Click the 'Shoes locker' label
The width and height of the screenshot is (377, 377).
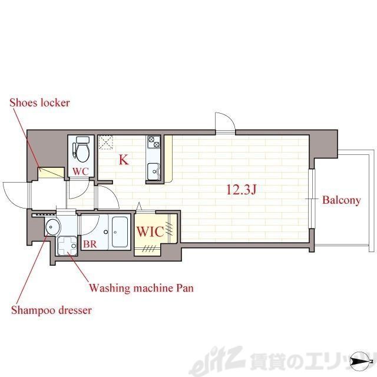pyautogui.click(x=39, y=103)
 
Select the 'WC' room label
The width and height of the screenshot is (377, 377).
pyautogui.click(x=81, y=171)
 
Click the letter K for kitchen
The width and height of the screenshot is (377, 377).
pyautogui.click(x=124, y=160)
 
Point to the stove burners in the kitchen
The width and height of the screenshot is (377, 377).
pyautogui.click(x=154, y=142)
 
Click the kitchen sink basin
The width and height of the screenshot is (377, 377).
pyautogui.click(x=153, y=171)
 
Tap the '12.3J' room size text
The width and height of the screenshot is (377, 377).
pyautogui.click(x=242, y=190)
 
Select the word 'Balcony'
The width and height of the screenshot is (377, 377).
pyautogui.click(x=342, y=200)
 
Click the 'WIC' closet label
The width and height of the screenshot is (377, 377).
pyautogui.click(x=151, y=232)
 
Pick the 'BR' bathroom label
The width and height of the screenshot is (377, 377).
pyautogui.click(x=90, y=244)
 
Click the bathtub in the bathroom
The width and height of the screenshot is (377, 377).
pyautogui.click(x=120, y=232)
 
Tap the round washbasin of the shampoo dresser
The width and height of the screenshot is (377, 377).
pyautogui.click(x=52, y=226)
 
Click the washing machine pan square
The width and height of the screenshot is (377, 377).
pyautogui.click(x=67, y=246)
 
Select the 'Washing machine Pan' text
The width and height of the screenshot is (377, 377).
pyautogui.click(x=141, y=288)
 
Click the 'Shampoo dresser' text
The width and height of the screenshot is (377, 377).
pyautogui.click(x=51, y=310)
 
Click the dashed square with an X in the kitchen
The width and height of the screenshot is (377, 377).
pyautogui.click(x=106, y=143)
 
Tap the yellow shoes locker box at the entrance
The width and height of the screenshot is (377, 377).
pyautogui.click(x=51, y=173)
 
